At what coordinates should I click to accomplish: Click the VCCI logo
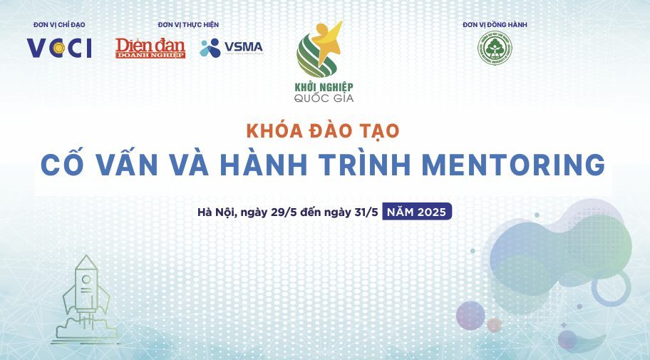[x=59, y=48]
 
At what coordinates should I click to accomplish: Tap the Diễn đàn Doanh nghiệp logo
[x=150, y=48]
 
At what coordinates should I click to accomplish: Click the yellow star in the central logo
[x=327, y=37]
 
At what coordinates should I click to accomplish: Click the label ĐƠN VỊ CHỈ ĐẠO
[x=59, y=25]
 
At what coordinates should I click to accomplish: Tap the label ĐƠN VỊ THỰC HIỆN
[x=188, y=25]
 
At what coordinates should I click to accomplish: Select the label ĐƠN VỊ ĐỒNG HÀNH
[x=495, y=25]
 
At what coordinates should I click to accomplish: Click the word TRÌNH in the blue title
[x=368, y=165]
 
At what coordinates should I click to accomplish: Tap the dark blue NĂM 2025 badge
[x=417, y=212]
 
